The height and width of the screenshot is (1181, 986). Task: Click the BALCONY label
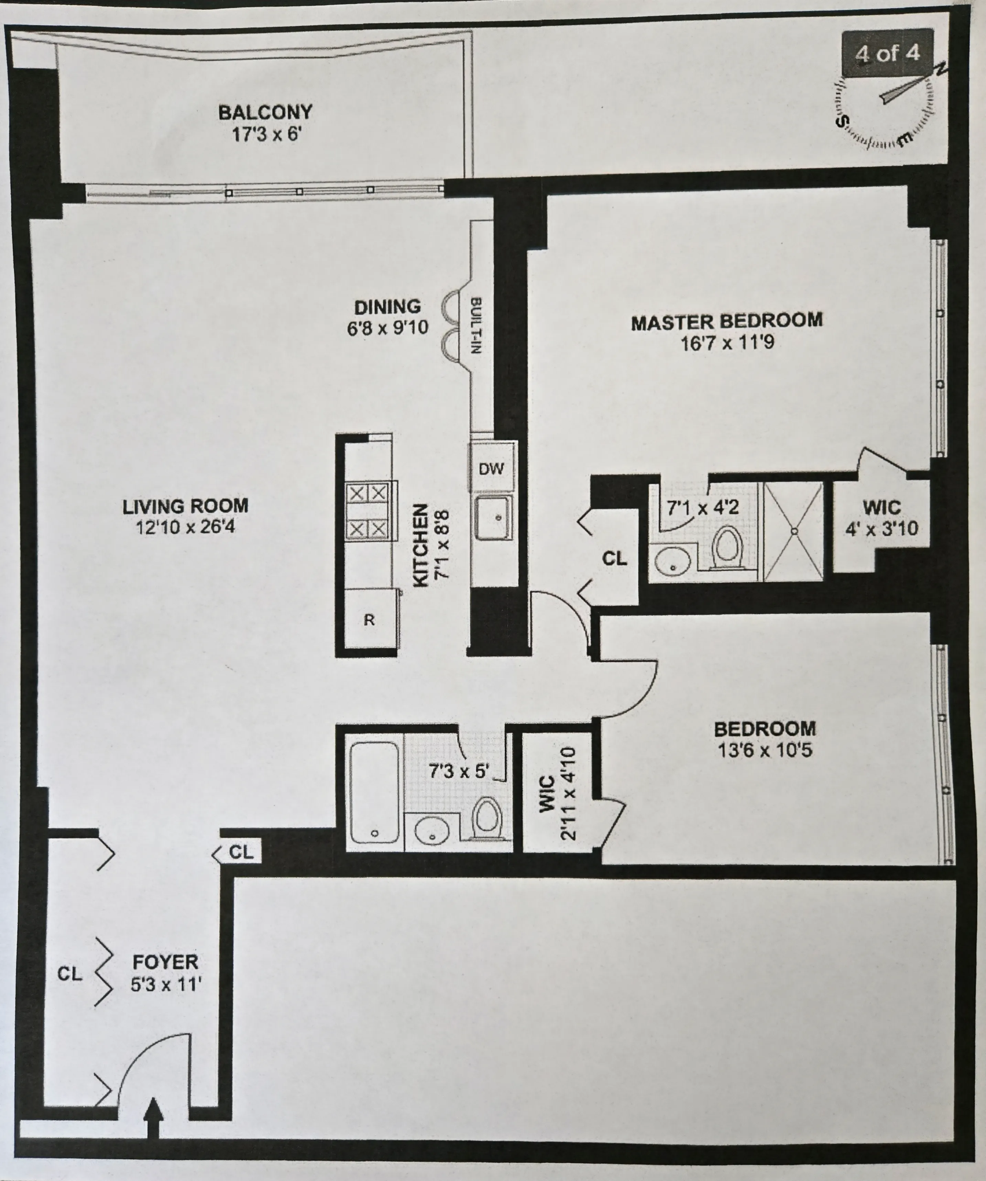point(265,112)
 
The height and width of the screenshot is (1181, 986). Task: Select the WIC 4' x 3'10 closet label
point(881,517)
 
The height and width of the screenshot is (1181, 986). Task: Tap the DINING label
point(387,307)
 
